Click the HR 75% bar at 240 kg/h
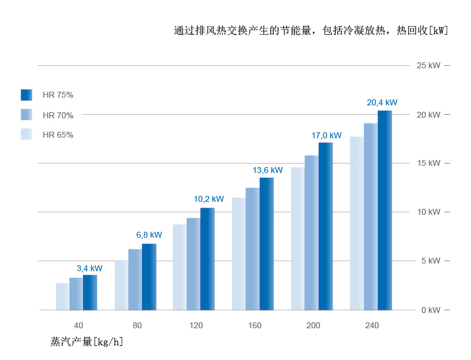click(384, 210)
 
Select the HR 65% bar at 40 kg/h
click(62, 296)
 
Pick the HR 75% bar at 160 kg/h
click(267, 244)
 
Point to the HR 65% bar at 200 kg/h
click(297, 238)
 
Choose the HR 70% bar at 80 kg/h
click(135, 279)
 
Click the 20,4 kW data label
click(382, 102)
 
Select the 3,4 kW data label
click(89, 268)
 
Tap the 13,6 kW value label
click(268, 170)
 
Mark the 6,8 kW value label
click(149, 235)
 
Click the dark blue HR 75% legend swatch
click(26, 95)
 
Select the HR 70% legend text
click(58, 115)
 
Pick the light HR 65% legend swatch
click(26, 134)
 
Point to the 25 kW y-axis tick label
click(428, 65)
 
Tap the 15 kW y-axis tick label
click(428, 163)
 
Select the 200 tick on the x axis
click(313, 325)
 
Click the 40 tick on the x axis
click(78, 325)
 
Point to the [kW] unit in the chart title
click(438, 31)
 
